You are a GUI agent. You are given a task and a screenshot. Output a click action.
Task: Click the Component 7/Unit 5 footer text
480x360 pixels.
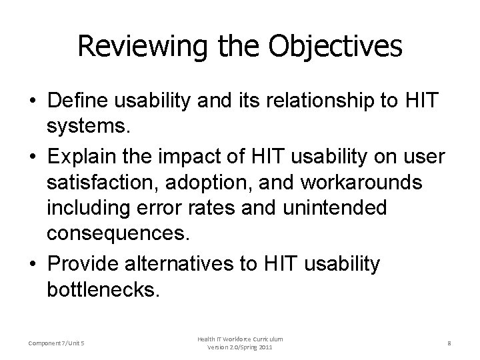pyautogui.click(x=57, y=343)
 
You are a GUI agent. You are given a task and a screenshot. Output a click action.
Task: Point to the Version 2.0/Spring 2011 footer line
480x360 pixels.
pyautogui.click(x=240, y=347)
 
